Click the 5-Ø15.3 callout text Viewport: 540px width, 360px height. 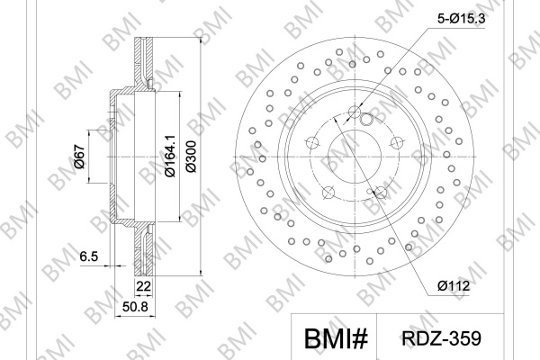pos(461,18)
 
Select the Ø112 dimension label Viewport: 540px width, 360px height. pos(454,285)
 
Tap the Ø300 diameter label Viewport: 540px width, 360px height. pos(191,157)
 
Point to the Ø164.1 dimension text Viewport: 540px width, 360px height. pos(170,156)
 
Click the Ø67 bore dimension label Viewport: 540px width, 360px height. pos(79,157)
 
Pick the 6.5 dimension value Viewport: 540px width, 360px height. pos(89,256)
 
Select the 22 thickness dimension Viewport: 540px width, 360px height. pos(143,286)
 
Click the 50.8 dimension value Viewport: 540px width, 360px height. pos(135,306)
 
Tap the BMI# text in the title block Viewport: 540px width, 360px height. pos(336,338)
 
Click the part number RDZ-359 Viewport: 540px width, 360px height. pos(441,338)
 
